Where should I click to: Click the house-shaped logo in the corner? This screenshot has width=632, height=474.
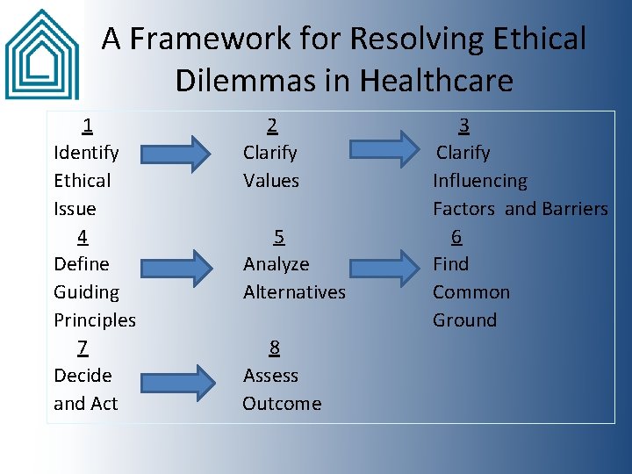(x=41, y=54)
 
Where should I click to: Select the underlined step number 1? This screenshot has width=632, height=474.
(x=88, y=125)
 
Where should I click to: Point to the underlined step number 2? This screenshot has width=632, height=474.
(x=273, y=125)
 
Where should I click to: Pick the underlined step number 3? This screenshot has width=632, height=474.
(x=463, y=125)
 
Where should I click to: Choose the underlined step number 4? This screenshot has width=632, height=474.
(x=83, y=236)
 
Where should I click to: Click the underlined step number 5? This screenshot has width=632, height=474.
(x=278, y=236)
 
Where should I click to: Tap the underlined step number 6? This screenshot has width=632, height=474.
(x=456, y=236)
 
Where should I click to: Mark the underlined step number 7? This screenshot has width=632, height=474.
(x=83, y=348)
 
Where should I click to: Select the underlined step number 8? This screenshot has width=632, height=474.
(x=275, y=348)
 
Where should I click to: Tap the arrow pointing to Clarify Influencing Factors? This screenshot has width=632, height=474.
(x=385, y=149)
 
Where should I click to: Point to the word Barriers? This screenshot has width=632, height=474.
(x=574, y=209)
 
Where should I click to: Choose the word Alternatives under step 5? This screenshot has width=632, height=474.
(x=294, y=292)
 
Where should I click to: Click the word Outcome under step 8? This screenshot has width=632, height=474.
(x=282, y=404)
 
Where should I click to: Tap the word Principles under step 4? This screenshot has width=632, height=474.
(x=95, y=320)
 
